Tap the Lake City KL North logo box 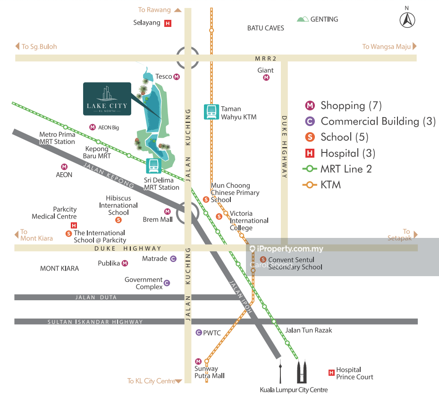tap(107, 99)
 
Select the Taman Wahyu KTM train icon tap(211, 112)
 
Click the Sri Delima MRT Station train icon tap(153, 166)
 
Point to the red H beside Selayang tap(168, 23)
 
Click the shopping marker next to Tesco tap(177, 76)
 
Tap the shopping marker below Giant tap(266, 77)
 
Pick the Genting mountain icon tap(303, 19)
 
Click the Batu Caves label tap(266, 28)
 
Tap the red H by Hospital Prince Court tap(331, 373)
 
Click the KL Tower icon tap(280, 372)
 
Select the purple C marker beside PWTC tap(199, 333)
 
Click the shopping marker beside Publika tap(125, 263)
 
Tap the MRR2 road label tap(266, 59)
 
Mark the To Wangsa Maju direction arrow tap(414, 46)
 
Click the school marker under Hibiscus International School tap(118, 220)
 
